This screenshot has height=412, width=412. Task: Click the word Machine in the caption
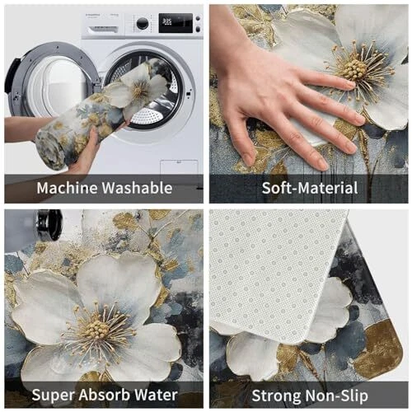point(68,188)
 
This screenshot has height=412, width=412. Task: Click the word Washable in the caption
point(138,188)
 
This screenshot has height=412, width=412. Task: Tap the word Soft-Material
point(310,189)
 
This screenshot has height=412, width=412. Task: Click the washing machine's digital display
point(176,23)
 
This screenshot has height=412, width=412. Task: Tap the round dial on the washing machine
point(143,23)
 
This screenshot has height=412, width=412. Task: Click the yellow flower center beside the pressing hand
point(354,70)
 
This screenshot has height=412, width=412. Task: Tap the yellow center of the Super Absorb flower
point(96,329)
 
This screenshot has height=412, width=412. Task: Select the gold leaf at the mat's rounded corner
point(379,349)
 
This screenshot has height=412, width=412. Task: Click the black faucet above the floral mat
point(47,224)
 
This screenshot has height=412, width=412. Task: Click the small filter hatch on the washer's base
point(179,166)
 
